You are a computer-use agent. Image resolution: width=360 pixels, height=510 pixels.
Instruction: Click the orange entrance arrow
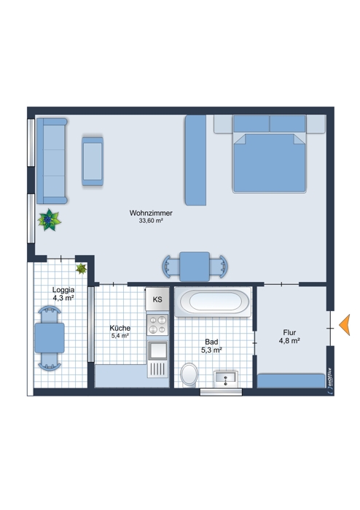tap(345, 325)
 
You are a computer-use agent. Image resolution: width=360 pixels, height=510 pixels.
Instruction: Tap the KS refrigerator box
tap(157, 299)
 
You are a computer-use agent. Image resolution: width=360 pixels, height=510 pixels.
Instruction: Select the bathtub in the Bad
tap(213, 302)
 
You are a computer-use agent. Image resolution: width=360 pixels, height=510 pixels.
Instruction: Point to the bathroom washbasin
tap(226, 379)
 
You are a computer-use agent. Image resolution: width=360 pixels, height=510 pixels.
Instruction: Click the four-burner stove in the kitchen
tap(157, 325)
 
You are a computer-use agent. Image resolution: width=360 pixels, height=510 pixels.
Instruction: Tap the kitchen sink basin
tap(157, 350)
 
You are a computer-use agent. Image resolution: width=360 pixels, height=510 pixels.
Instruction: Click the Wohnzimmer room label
tap(151, 213)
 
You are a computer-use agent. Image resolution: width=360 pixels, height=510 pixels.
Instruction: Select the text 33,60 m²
tap(151, 221)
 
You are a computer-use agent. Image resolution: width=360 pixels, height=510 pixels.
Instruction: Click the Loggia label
tap(63, 290)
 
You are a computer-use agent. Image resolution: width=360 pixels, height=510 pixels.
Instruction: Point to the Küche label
tap(120, 328)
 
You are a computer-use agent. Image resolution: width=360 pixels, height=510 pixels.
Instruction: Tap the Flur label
tap(289, 332)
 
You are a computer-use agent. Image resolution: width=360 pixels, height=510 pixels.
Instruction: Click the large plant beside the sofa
tap(49, 220)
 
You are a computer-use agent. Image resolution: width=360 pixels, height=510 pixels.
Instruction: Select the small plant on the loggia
tap(81, 269)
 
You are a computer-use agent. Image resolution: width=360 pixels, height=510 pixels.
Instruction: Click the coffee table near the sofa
tap(93, 161)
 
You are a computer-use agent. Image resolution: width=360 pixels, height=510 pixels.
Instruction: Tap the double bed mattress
tap(270, 162)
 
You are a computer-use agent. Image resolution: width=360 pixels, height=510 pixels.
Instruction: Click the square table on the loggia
tap(50, 338)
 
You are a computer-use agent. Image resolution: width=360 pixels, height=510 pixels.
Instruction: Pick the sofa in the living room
tap(52, 161)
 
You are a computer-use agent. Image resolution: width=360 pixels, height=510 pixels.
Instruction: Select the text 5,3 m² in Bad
tap(211, 350)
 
